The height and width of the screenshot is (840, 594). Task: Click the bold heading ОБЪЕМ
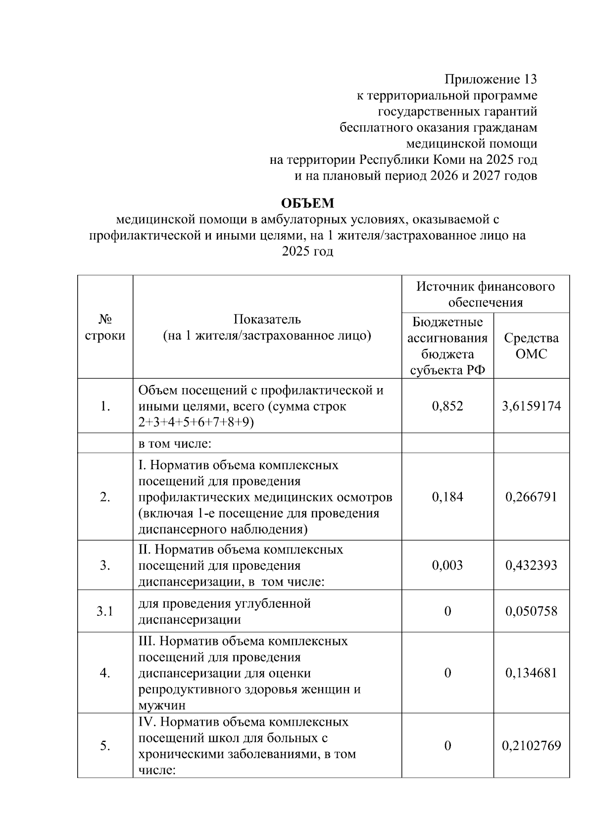coord(307,203)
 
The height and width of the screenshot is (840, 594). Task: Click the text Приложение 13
coord(490,79)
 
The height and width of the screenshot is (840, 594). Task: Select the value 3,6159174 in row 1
coord(531,406)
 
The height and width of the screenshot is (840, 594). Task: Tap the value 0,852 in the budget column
coord(447,406)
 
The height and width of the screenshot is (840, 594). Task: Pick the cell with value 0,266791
coord(531,496)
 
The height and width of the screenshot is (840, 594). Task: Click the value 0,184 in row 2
coord(447,496)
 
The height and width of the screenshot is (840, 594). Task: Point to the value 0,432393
coord(531,565)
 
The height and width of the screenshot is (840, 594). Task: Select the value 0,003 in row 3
coord(447,565)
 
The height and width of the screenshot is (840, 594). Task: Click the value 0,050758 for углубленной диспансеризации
coord(531,611)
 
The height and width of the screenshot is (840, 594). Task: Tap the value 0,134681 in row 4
coord(531,673)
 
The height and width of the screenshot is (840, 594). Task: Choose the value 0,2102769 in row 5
coord(531,745)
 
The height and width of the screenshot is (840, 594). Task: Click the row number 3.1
coord(105,611)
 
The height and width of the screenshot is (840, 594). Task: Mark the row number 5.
coord(105,745)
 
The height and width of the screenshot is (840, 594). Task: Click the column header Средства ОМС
coord(531,346)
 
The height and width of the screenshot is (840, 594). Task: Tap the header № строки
coord(105,327)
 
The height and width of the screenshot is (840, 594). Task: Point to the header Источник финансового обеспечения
coord(485,294)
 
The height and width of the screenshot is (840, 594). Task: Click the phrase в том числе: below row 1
coord(175,444)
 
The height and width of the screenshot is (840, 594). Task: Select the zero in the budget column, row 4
coord(447,673)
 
